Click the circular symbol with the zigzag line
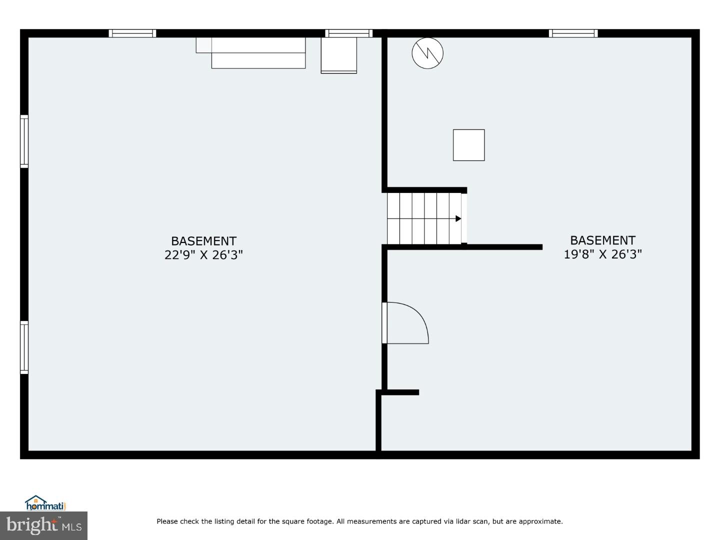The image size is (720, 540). [x=427, y=53]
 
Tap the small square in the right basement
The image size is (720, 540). [x=468, y=145]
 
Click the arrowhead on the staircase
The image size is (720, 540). [x=458, y=218]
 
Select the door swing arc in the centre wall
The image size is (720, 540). [x=407, y=322]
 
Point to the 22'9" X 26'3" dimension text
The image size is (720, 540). [x=203, y=255]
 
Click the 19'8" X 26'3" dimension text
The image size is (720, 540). [x=602, y=254]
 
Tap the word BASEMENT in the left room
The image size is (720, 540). [x=203, y=241]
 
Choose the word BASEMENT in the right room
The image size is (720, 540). [x=602, y=240]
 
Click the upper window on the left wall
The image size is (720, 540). [x=24, y=141]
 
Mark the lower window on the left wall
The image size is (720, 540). [x=24, y=347]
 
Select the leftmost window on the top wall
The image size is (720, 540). [x=132, y=33]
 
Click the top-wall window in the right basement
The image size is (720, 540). [x=573, y=33]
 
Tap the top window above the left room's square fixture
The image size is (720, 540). [x=348, y=33]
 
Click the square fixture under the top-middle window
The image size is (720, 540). [x=338, y=55]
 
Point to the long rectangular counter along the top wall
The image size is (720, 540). [x=258, y=52]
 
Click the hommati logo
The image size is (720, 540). [x=45, y=503]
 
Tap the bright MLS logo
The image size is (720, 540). [x=43, y=525]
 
